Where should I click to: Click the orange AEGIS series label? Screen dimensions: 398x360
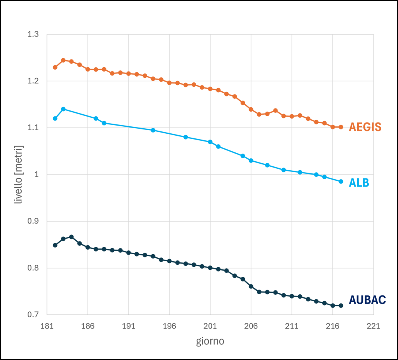pyautogui.click(x=365, y=127)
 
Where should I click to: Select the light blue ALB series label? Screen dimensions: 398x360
pyautogui.click(x=359, y=183)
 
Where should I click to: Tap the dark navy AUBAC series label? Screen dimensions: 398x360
pyautogui.click(x=367, y=300)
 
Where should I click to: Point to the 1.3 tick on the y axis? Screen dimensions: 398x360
pyautogui.click(x=33, y=34)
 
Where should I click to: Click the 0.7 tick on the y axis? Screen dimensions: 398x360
pyautogui.click(x=33, y=315)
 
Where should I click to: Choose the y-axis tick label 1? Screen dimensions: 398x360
pyautogui.click(x=37, y=175)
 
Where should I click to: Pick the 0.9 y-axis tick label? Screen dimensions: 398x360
pyautogui.click(x=33, y=221)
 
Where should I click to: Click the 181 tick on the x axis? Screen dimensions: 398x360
pyautogui.click(x=47, y=326)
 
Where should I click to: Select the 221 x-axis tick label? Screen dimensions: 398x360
pyautogui.click(x=374, y=326)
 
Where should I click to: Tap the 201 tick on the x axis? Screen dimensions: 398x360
pyautogui.click(x=210, y=326)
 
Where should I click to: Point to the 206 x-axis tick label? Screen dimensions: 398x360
pyautogui.click(x=251, y=326)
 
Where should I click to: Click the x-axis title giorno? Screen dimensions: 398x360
pyautogui.click(x=210, y=341)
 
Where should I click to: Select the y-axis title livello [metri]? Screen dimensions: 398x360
pyautogui.click(x=19, y=175)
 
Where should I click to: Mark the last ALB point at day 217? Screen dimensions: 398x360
pyautogui.click(x=341, y=182)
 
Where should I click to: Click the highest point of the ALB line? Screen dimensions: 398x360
pyautogui.click(x=63, y=109)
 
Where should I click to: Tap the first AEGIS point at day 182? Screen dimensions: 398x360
pyautogui.click(x=55, y=67)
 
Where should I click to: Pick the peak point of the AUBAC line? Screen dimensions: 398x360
pyautogui.click(x=72, y=237)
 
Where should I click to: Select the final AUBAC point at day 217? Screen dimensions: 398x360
pyautogui.click(x=341, y=306)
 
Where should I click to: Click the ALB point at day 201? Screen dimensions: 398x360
pyautogui.click(x=210, y=142)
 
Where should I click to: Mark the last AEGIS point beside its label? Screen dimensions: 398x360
pyautogui.click(x=341, y=127)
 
